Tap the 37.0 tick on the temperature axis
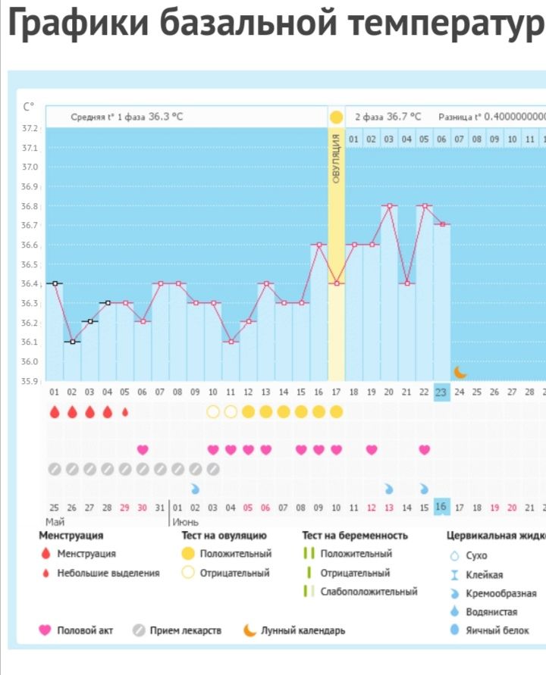[x=30, y=167]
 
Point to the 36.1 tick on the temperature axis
[x=30, y=342]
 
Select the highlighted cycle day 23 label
[x=441, y=392]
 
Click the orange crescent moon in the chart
[x=460, y=371]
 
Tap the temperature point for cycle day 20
[x=389, y=205]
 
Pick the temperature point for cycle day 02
[x=72, y=342]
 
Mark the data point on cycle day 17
[x=336, y=283]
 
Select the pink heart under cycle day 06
[x=143, y=449]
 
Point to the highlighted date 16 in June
[x=441, y=507]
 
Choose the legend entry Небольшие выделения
[x=108, y=573]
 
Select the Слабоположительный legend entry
[x=369, y=592]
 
